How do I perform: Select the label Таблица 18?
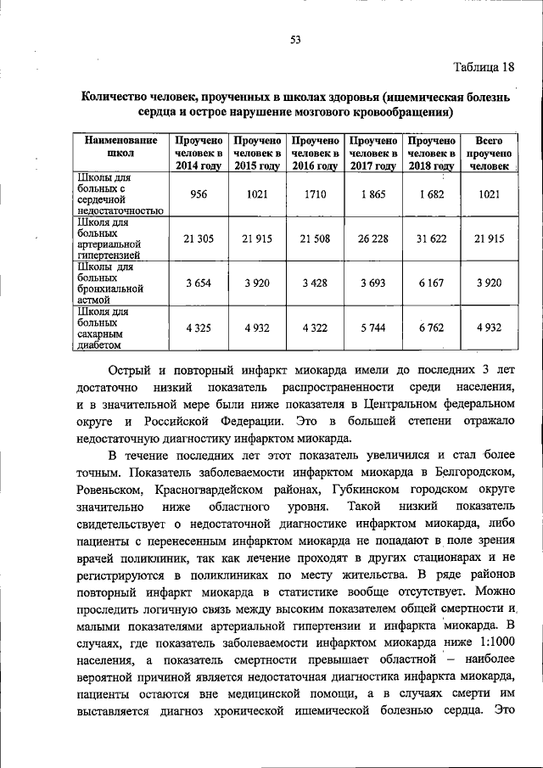(x=483, y=67)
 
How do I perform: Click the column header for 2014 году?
(x=199, y=153)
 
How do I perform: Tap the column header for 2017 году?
(x=373, y=153)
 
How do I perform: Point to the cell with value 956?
(x=199, y=194)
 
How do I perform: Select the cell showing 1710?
(x=316, y=194)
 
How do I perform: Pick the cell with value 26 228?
(x=373, y=238)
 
